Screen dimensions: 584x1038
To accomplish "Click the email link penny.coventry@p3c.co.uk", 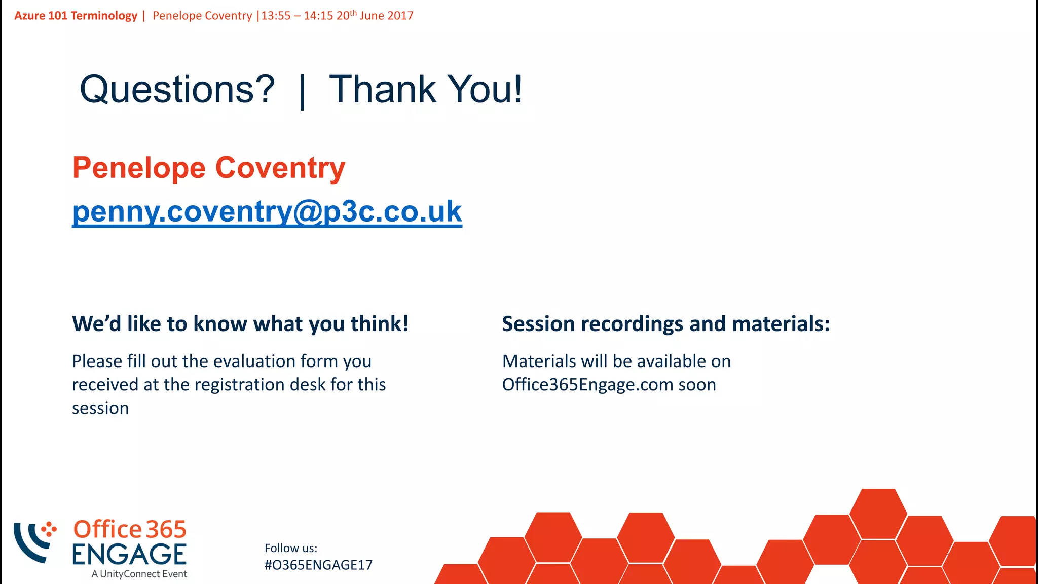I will click(x=267, y=211).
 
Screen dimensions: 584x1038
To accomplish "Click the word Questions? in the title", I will click(x=177, y=89).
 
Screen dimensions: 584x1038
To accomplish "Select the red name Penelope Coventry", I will click(x=208, y=168).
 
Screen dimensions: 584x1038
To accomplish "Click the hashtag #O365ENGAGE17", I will click(x=318, y=565).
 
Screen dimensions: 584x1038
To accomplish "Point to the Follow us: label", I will click(x=290, y=548).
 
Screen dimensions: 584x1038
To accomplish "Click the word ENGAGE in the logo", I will click(x=129, y=554).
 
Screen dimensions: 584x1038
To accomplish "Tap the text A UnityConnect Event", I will click(x=139, y=574).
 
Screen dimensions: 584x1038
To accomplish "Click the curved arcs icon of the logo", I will click(x=33, y=541).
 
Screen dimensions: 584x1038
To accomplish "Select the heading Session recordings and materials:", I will click(x=665, y=324).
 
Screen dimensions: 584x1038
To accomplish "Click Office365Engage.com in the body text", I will click(x=587, y=385).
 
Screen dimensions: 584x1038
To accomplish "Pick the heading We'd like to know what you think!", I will click(x=240, y=324).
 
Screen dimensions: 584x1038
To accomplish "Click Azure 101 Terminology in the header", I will click(x=76, y=16).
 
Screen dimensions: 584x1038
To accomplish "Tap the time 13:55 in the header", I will click(x=276, y=16).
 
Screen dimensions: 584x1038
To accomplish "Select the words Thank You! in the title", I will click(x=425, y=89).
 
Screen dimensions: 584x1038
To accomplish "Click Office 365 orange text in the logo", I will click(x=130, y=529).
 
